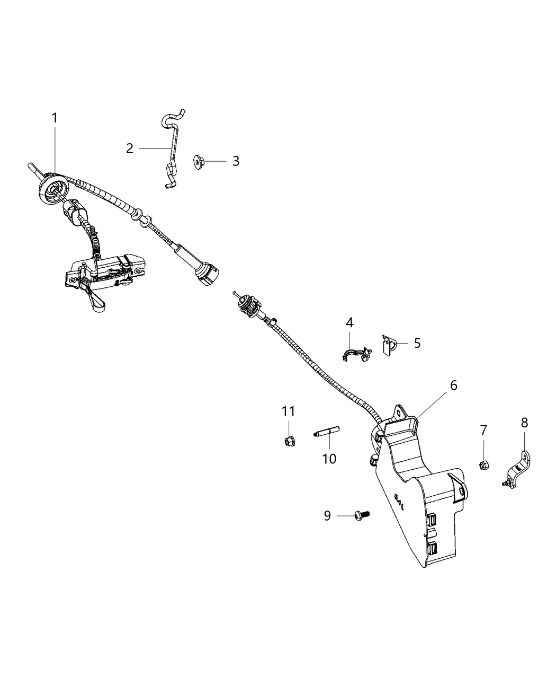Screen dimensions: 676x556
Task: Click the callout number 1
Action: (x=55, y=118)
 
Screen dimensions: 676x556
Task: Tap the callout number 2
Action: (x=130, y=149)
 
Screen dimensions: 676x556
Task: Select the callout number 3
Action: (x=236, y=161)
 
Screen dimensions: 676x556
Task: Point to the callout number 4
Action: (x=350, y=322)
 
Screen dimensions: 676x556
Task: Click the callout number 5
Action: (x=417, y=343)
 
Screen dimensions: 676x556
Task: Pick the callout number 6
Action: (x=454, y=385)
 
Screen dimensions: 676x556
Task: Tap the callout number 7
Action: (x=483, y=431)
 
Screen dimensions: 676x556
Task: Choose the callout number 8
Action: (x=524, y=423)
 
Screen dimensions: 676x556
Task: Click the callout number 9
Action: (x=327, y=515)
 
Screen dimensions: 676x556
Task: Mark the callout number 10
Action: (x=329, y=458)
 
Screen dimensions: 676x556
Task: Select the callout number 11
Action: (x=288, y=411)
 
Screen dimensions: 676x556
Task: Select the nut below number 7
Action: (x=483, y=466)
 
